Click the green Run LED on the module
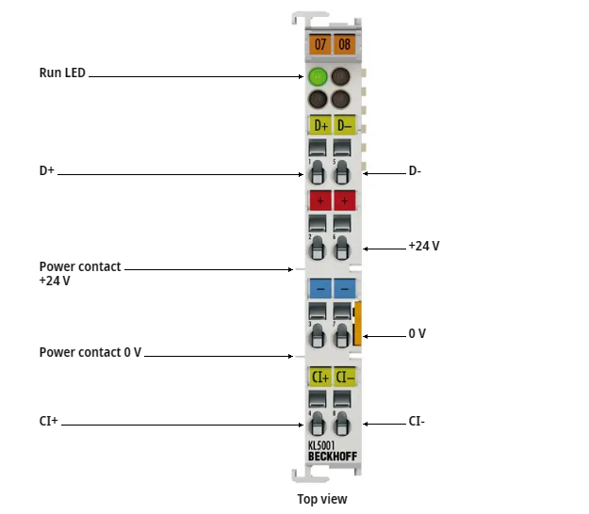click(x=318, y=77)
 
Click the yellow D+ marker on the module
click(x=319, y=125)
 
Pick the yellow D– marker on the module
click(x=343, y=125)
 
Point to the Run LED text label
click(x=62, y=72)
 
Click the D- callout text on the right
click(x=415, y=171)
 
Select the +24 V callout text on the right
click(x=424, y=246)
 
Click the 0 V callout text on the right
click(x=417, y=333)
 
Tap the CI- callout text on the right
click(x=417, y=421)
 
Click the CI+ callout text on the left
click(x=49, y=421)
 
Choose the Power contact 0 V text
click(x=90, y=352)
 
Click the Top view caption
click(x=322, y=498)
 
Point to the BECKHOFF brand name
click(x=333, y=457)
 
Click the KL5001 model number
click(x=321, y=445)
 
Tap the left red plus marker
click(x=320, y=201)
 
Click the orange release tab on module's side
click(x=357, y=324)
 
